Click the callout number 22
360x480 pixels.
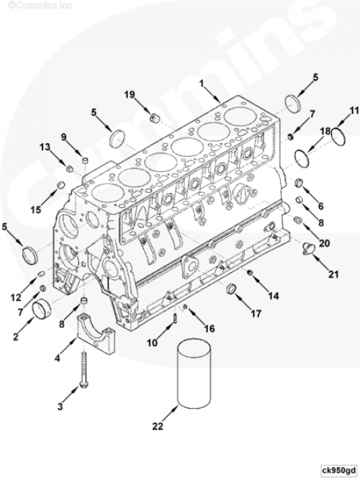(158, 426)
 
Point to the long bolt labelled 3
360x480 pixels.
(84, 369)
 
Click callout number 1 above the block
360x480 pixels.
(202, 83)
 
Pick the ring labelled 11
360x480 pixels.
(338, 137)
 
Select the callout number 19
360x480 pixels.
(130, 94)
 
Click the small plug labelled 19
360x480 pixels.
(156, 118)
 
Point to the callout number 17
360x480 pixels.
(256, 313)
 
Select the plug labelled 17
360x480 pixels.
(231, 289)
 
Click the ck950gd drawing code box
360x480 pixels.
(339, 470)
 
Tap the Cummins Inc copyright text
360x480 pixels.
(39, 5)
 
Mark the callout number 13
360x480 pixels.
(45, 147)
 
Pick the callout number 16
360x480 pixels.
(210, 328)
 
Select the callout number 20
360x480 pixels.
(325, 243)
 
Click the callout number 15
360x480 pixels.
(35, 209)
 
